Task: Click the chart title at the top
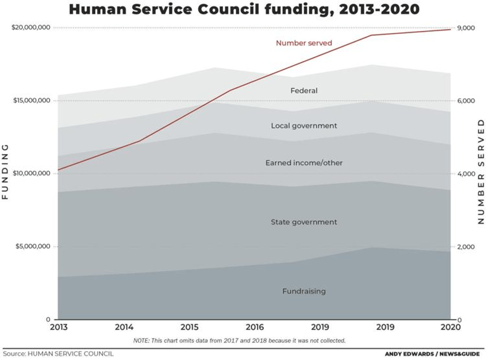244,9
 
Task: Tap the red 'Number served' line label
304,43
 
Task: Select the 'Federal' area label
304,91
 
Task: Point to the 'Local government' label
304,126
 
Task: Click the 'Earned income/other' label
304,163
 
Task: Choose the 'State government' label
304,222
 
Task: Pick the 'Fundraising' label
304,291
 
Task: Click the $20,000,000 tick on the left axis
31,28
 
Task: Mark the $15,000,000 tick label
31,101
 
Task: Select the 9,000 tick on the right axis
466,28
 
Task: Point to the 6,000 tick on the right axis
466,101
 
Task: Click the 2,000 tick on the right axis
466,247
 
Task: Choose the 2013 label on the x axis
58,328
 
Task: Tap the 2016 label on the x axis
255,328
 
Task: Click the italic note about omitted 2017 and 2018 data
239,341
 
